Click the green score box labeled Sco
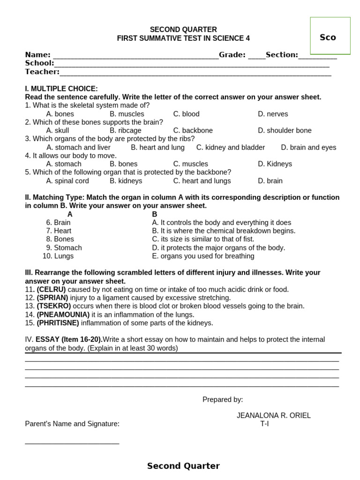coord(330,37)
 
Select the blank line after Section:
coord(317,56)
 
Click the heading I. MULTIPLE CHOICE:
coord(61,89)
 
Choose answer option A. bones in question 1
coord(60,114)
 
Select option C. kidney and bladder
coord(231,147)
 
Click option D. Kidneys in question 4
coord(275,164)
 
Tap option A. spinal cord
coord(67,181)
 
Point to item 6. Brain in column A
coord(59,223)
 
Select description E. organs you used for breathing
coord(203,256)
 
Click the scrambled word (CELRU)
coord(51,290)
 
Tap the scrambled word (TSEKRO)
coord(54,306)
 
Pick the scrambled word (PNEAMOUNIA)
coord(63,315)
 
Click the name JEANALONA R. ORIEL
coord(274,415)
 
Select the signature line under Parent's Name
coord(72,442)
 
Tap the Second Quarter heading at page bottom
coord(183,466)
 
